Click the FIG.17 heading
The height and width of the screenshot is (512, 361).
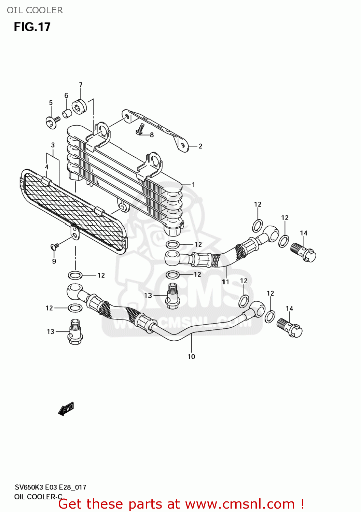pos(32,27)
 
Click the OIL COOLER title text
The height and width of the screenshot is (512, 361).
pos(35,10)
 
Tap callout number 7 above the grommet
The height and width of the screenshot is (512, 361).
pos(81,85)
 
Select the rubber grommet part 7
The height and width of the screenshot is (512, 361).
pos(79,106)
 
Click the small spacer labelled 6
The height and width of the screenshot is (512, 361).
pos(67,113)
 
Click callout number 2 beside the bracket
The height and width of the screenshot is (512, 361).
pos(200,146)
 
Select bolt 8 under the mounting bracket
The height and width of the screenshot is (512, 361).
pos(140,129)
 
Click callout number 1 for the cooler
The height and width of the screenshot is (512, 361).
pos(193,185)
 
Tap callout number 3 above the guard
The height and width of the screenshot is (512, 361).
pos(53,145)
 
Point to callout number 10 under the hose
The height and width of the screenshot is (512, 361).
pos(191,356)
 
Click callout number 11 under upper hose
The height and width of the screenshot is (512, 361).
pos(225,282)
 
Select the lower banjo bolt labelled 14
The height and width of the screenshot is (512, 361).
pos(290,328)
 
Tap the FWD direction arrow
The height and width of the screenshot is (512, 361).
pos(66,409)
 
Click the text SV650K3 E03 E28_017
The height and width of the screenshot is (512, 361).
pos(50,487)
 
